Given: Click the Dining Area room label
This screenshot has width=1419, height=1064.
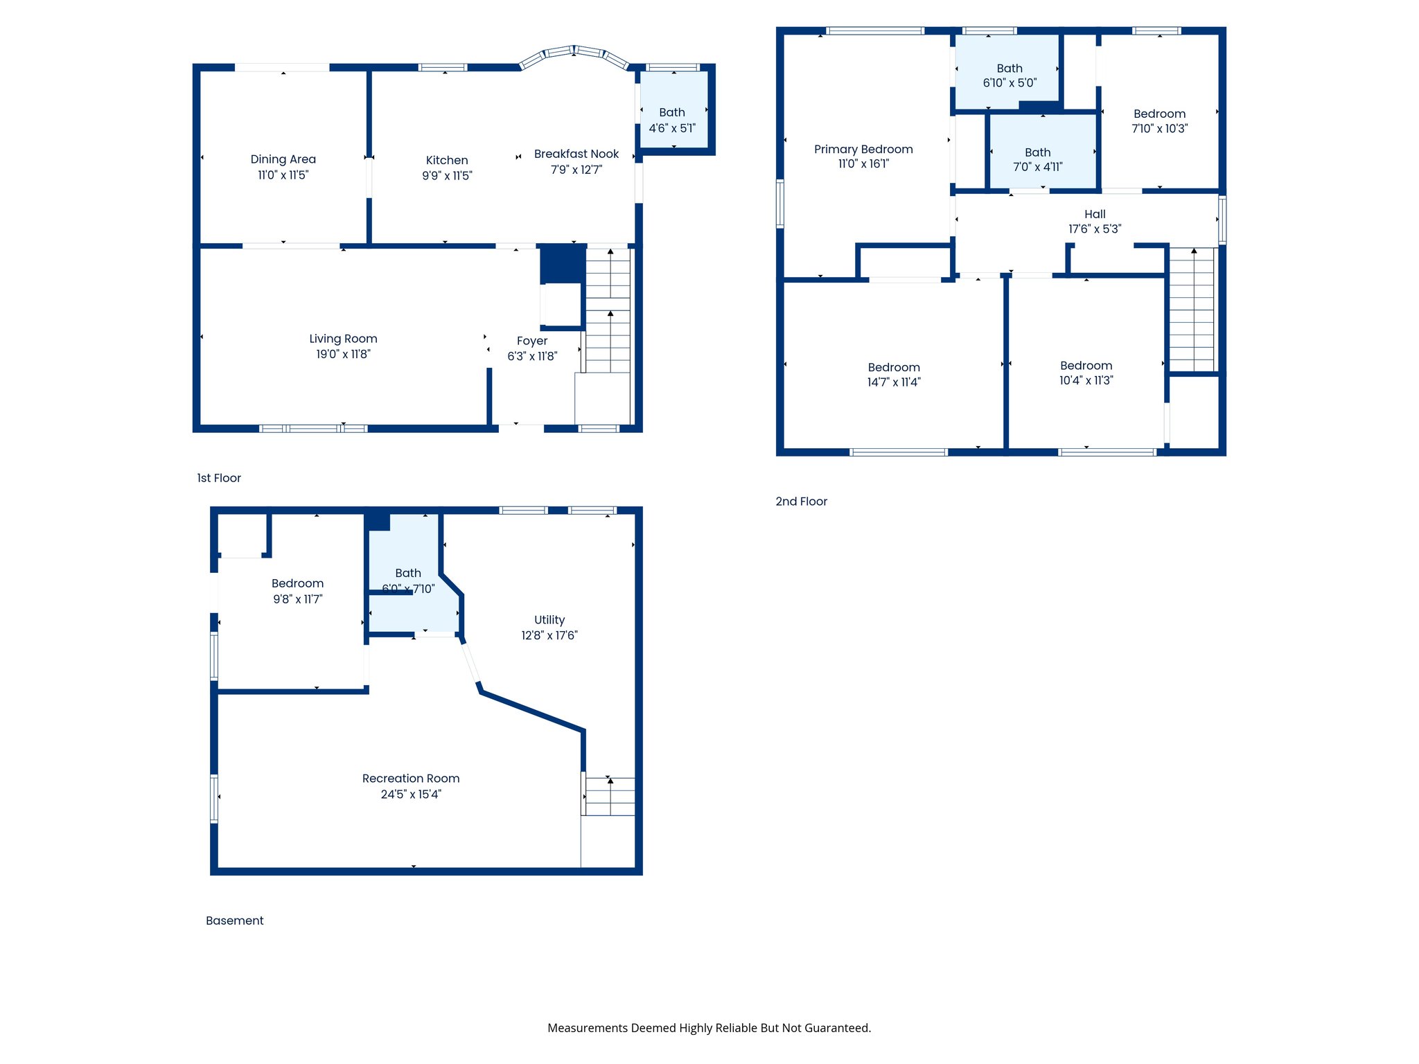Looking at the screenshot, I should coord(283,159).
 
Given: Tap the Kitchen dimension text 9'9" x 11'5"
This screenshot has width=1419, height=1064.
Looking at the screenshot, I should coord(447,176).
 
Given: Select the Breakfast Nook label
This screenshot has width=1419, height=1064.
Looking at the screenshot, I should coord(576,154).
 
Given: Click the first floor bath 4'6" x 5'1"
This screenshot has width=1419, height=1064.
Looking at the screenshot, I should coord(672,120).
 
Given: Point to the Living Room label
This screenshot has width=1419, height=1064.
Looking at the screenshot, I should coord(343,339).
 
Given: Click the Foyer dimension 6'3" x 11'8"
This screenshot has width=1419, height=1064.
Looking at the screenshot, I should coord(532,357).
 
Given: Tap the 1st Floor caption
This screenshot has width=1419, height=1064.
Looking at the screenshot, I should coord(219,478).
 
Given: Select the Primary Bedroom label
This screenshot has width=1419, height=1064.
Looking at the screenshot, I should coord(863,150).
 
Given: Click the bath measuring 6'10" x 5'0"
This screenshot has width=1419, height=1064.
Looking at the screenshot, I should coord(1010,76).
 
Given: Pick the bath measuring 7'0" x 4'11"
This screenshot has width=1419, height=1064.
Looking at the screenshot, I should coord(1037,159).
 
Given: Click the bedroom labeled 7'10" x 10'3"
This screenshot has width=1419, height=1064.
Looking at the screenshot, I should coord(1159,121).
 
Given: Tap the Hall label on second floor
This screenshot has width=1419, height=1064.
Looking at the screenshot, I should coord(1095,215).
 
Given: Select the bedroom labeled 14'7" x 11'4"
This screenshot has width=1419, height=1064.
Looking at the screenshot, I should coord(894,375).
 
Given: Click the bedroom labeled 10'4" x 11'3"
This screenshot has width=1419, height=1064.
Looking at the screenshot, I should coord(1086,373).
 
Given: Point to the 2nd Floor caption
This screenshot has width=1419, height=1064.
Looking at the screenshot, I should coord(801,502).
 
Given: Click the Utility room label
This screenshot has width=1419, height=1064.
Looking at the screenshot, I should coord(549,620).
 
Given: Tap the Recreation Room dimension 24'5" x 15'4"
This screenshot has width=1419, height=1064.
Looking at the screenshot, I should coord(411,795).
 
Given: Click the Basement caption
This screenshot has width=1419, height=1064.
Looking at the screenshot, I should coord(234,921).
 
